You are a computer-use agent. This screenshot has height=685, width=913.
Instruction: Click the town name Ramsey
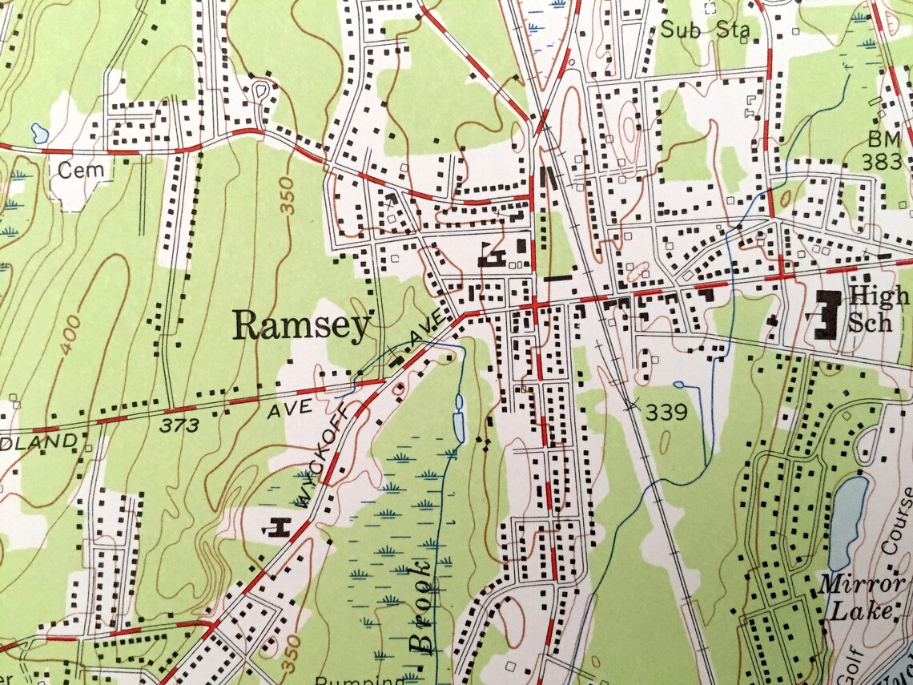(302, 325)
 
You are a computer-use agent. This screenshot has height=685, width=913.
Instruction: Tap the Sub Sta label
(705, 31)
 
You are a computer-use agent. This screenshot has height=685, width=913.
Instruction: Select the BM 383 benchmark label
(883, 151)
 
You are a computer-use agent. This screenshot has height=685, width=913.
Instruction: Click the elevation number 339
(667, 413)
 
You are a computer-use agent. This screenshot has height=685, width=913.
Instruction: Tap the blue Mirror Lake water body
(849, 521)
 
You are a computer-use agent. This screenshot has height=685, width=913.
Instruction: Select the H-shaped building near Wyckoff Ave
(277, 527)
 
